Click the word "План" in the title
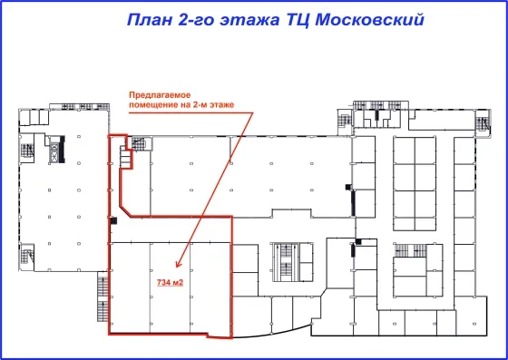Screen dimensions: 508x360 point(149,19)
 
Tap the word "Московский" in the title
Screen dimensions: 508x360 point(369,19)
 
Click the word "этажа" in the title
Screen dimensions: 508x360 point(249,21)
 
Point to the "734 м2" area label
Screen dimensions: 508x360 point(171,282)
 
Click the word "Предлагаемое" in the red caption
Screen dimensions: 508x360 point(160,95)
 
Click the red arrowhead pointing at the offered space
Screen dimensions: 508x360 point(178,264)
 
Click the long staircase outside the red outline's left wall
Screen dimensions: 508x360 point(103,297)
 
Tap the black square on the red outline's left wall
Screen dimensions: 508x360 point(113,220)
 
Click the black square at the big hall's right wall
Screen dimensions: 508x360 point(348,187)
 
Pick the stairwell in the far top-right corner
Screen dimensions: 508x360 point(483,124)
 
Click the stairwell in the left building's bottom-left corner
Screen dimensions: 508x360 point(26,257)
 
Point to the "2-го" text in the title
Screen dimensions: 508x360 point(196,20)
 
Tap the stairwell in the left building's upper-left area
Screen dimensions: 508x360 point(27,151)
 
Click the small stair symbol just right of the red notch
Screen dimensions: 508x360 point(139,144)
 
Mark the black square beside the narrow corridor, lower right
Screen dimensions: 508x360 point(358,241)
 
